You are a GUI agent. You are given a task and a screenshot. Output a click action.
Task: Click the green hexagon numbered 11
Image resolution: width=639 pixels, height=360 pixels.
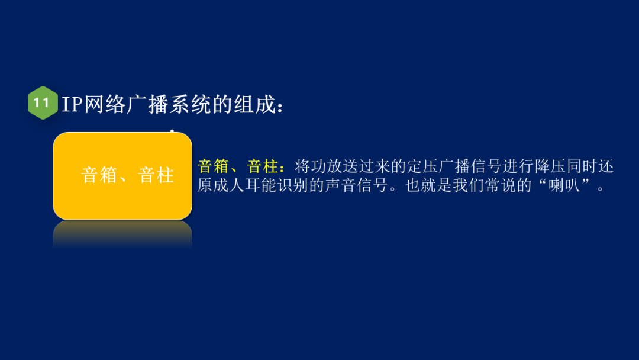tap(42, 103)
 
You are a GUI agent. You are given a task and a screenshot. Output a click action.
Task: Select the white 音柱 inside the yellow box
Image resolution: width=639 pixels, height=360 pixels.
tap(156, 176)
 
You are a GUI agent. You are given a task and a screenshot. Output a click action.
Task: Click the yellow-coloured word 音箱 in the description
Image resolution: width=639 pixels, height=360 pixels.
tap(213, 166)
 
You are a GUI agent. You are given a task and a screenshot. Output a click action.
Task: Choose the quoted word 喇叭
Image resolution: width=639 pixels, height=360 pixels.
tap(564, 186)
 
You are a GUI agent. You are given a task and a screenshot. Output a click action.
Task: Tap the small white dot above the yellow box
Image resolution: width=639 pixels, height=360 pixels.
tap(172, 131)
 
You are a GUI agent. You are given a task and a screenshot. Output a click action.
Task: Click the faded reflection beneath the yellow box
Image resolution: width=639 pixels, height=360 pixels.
tap(122, 234)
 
